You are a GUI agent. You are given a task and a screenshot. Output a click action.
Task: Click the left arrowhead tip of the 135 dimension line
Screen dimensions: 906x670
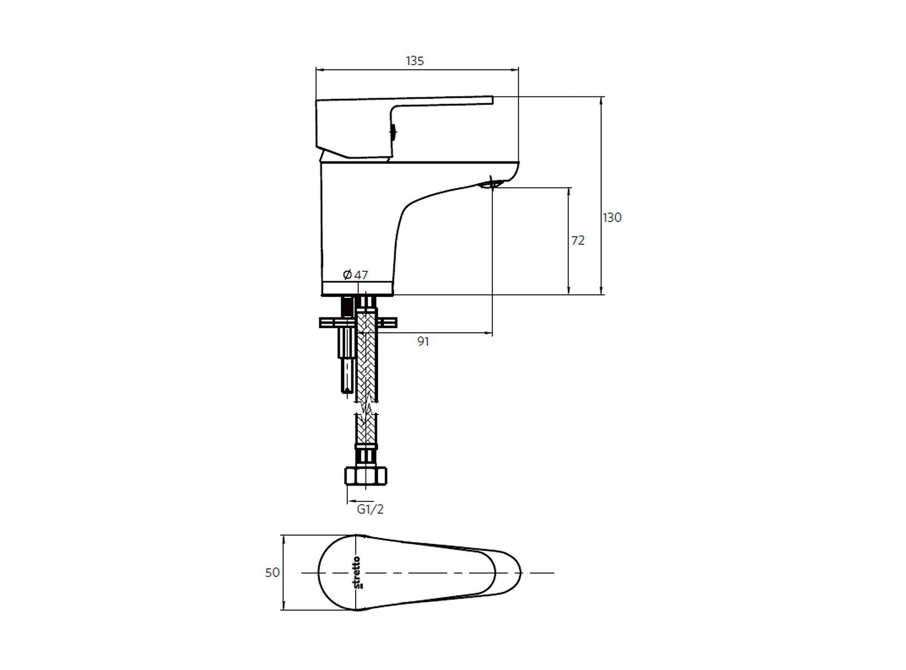click(x=316, y=70)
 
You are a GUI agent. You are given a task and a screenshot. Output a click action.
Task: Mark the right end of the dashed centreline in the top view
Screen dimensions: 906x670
click(x=554, y=573)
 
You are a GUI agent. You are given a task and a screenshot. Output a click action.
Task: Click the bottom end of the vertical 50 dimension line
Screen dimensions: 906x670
click(x=284, y=610)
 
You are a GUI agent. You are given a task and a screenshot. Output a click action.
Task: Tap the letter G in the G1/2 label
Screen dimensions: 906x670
click(x=361, y=509)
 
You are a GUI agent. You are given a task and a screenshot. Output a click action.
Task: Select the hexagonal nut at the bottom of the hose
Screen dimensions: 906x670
click(x=366, y=475)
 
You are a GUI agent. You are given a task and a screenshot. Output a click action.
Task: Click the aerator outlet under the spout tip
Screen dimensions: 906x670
click(x=491, y=183)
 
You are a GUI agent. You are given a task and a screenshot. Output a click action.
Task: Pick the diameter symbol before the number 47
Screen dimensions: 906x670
click(x=347, y=274)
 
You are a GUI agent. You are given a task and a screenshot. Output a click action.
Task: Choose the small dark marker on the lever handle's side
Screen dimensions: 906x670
click(x=394, y=132)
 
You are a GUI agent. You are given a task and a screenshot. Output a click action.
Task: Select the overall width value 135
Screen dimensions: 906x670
click(x=415, y=61)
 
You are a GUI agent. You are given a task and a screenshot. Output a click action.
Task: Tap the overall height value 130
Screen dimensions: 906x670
click(x=612, y=218)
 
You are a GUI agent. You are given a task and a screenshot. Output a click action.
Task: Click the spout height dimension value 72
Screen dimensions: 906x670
click(x=578, y=241)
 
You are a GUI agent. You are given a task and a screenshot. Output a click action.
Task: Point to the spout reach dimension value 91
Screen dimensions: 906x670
click(x=423, y=342)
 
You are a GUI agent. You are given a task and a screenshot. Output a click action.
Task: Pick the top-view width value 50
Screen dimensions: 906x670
click(x=272, y=573)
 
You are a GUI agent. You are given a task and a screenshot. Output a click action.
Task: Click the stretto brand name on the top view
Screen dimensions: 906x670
click(x=357, y=573)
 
